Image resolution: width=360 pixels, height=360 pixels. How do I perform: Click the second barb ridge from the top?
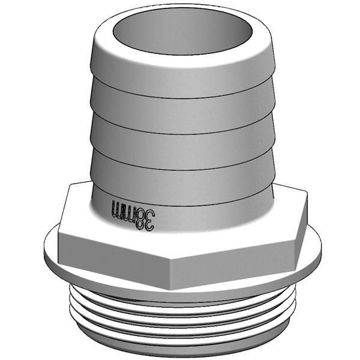[180, 114]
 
